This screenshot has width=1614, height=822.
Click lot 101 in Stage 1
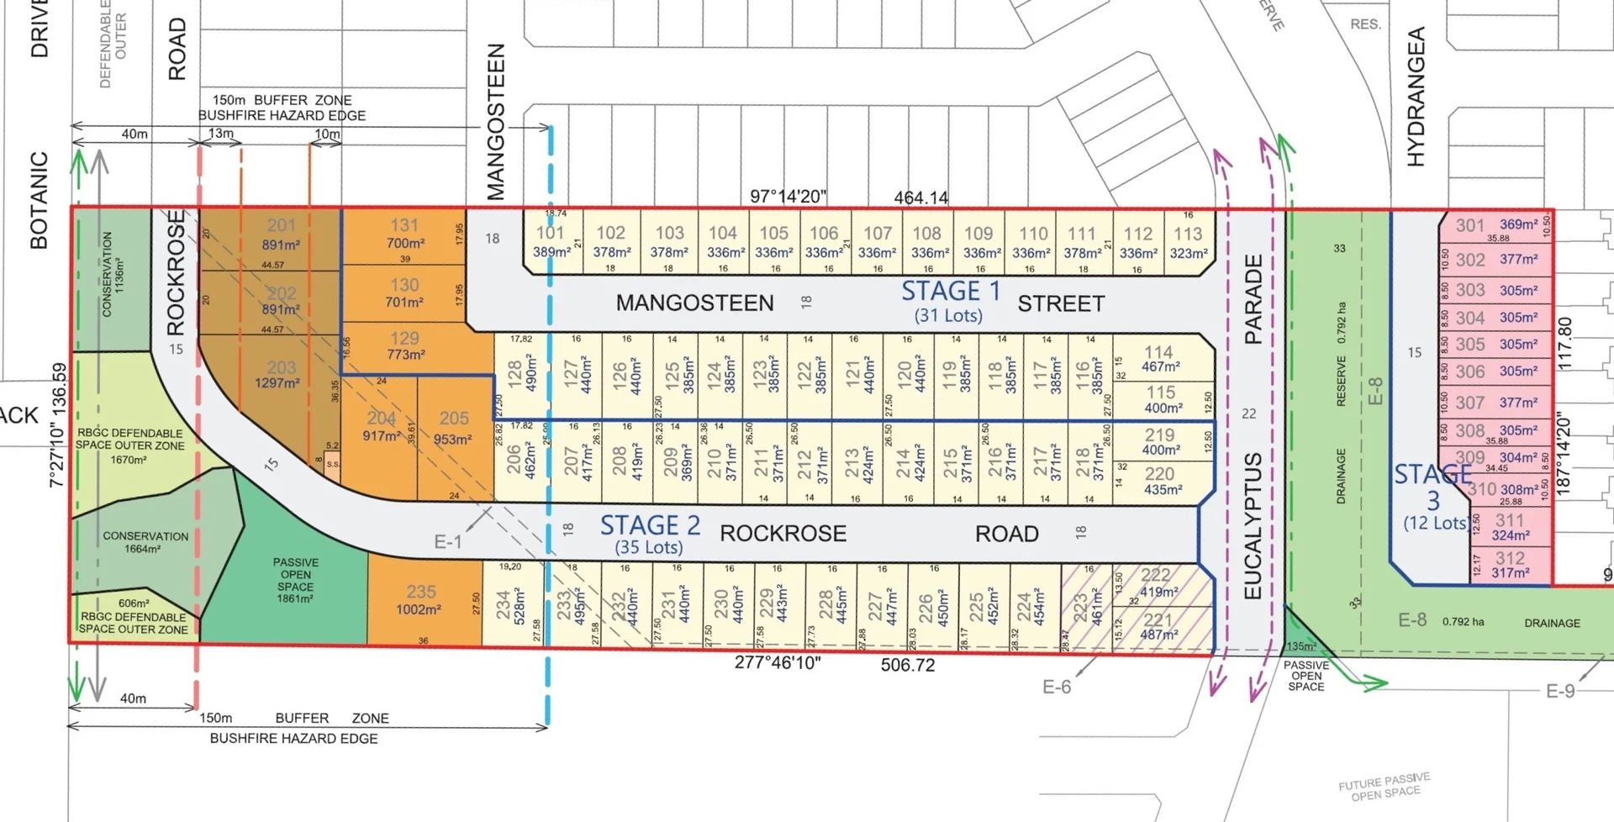pos(551,241)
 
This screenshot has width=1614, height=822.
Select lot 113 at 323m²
pos(1188,242)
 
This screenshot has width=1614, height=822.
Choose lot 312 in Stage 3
pos(1510,565)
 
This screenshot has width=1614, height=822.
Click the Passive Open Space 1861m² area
pos(295,580)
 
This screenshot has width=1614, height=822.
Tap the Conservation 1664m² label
pos(145,542)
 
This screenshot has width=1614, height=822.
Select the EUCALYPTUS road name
pos(1253,525)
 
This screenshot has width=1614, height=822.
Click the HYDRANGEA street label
pos(1416,96)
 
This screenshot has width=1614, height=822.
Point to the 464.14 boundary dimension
pos(920,198)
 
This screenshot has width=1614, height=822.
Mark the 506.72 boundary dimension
pos(908,666)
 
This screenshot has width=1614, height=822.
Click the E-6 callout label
pos(1057,688)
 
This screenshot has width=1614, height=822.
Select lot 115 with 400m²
pos(1160,399)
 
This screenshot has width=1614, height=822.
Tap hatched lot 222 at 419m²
pos(1157,582)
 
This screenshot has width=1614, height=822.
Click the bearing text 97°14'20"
pos(788,197)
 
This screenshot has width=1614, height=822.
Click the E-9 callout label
pos(1561,691)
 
